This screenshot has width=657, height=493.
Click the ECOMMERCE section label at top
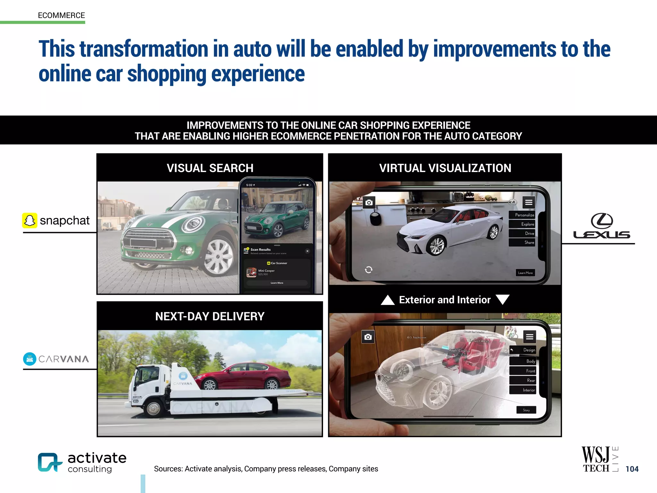coord(61,15)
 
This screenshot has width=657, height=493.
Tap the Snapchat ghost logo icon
coord(30,221)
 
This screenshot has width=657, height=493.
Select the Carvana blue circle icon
coord(30,359)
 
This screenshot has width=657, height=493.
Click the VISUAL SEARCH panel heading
coord(210,168)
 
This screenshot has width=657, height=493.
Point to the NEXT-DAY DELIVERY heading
coord(210,316)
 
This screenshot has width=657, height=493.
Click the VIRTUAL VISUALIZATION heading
coord(445,168)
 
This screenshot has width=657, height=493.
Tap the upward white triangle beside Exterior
coord(388,300)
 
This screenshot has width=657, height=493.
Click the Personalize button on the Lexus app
coord(524,215)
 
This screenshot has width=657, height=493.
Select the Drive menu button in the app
coord(529,233)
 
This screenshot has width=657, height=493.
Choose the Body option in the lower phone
coord(530,361)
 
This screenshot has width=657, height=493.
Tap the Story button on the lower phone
coord(526,410)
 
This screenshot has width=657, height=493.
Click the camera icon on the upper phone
coord(369,203)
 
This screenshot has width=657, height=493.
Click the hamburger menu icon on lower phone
coord(530,336)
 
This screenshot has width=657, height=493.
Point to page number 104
coord(632,469)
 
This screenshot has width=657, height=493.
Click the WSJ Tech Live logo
coord(599,459)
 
